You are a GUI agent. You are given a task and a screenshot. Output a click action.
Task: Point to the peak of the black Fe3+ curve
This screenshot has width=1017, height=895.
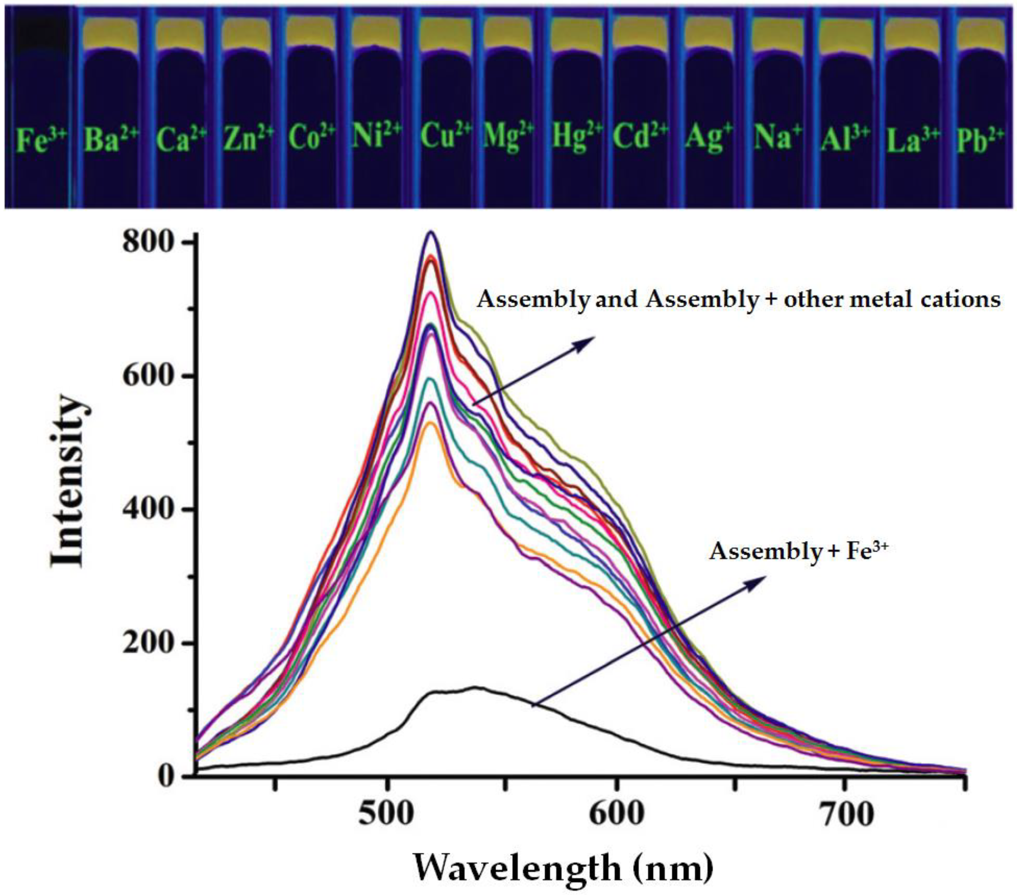pos(475,687)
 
